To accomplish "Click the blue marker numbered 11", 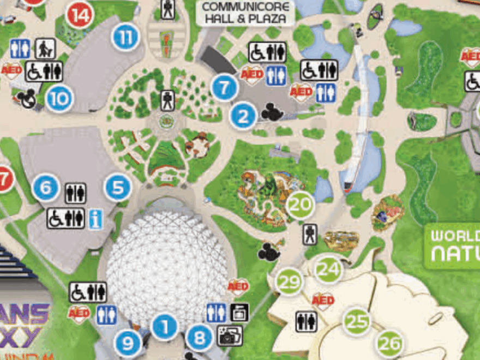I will pyautogui.click(x=125, y=38).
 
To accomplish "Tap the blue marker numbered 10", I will pyautogui.click(x=59, y=99).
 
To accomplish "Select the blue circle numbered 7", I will pyautogui.click(x=224, y=88).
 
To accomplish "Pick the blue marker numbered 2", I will pyautogui.click(x=243, y=116).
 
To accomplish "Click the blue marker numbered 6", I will pyautogui.click(x=45, y=189).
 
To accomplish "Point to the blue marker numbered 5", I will pyautogui.click(x=118, y=188).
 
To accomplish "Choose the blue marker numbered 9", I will pyautogui.click(x=128, y=343).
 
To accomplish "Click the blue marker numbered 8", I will pyautogui.click(x=200, y=338).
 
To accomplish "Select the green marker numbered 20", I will pyautogui.click(x=299, y=205).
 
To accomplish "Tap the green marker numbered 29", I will pyautogui.click(x=289, y=282).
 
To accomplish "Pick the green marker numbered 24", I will pyautogui.click(x=328, y=269).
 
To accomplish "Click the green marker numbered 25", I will pyautogui.click(x=357, y=321).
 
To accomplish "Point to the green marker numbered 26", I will pyautogui.click(x=390, y=344).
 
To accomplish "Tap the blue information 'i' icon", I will pyautogui.click(x=96, y=219).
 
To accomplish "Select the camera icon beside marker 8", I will pyautogui.click(x=230, y=337).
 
